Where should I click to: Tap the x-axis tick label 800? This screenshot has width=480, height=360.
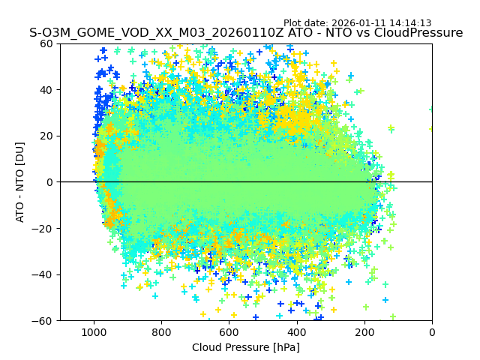click(x=161, y=331)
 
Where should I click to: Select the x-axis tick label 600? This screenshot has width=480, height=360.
click(x=229, y=331)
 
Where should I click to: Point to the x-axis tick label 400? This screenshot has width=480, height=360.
click(x=296, y=331)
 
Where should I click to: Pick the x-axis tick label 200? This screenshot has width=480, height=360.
click(x=364, y=331)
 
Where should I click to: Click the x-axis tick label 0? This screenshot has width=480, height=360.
click(x=432, y=331)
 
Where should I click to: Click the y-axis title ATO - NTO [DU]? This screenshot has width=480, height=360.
click(x=20, y=182)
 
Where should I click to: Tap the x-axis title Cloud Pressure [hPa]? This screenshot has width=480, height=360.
click(x=246, y=347)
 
